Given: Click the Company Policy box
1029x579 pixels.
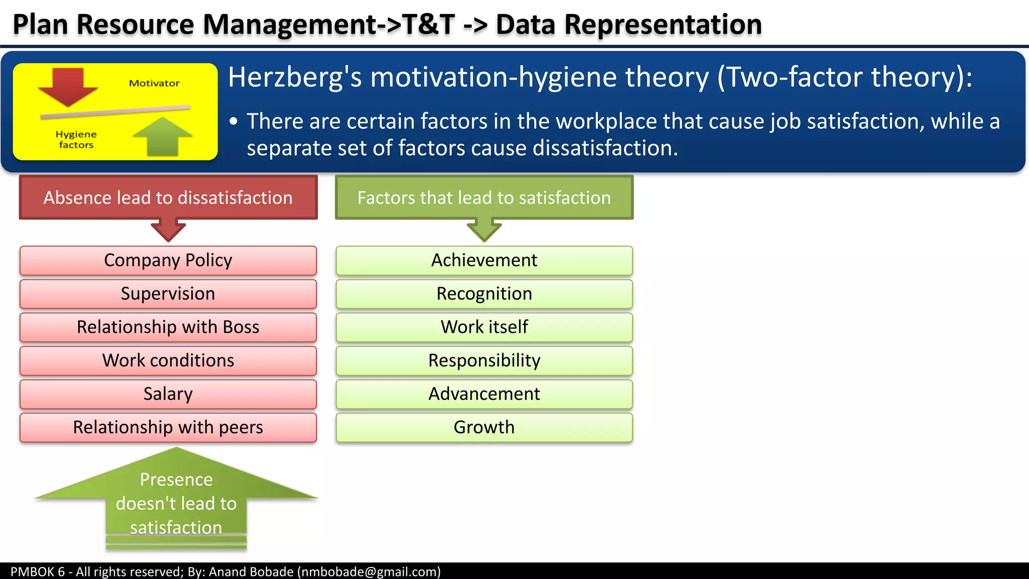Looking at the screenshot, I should point(168,260).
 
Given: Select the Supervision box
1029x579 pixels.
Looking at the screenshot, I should point(168,294).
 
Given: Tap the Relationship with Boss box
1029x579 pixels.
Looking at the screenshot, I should point(168,327).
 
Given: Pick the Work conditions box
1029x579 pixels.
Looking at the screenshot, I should point(168,360).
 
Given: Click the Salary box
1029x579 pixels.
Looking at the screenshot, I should point(168,394).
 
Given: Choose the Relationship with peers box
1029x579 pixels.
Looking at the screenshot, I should point(168,427).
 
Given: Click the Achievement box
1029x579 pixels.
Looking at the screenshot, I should point(484,260).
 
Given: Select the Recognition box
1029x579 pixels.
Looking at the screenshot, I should point(484,294).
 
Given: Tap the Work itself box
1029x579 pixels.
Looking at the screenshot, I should point(484,327).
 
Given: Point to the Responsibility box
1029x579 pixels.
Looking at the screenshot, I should point(484,360).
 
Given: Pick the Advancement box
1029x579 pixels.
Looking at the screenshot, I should point(484,394).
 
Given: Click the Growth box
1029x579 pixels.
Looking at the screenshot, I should point(484,427).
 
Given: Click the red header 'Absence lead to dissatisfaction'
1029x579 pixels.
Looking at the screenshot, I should point(168,198).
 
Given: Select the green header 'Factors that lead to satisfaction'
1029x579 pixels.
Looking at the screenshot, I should point(484,198).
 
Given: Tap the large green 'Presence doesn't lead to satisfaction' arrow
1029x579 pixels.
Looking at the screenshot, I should point(176,503).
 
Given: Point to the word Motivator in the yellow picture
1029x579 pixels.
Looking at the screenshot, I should point(154,83).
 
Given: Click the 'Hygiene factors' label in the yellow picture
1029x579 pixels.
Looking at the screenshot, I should point(76,140).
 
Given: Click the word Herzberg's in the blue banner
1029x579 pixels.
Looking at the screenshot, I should point(295,77).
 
